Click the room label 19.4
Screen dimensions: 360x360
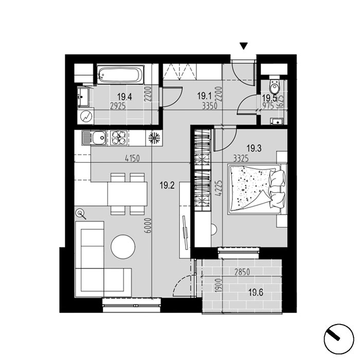coord(124,97)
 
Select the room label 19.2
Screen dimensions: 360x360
coord(167,185)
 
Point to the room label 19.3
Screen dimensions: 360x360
coord(254,148)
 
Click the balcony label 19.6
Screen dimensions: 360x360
coord(256,293)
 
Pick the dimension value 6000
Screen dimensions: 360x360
coord(149,225)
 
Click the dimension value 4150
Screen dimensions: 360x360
coord(132,158)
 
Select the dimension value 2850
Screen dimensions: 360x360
coord(242,272)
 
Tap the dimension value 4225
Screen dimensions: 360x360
coord(220,188)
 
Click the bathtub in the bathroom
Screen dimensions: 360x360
coord(120,75)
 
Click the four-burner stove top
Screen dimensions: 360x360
coord(119,138)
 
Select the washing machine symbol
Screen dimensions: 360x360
coord(85,116)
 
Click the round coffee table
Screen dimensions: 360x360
coord(123,247)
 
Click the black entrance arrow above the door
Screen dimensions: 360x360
coord(244,46)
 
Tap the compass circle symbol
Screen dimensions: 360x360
coord(339,339)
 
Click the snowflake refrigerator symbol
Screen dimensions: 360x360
coord(154,138)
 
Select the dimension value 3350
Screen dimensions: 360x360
coord(210,106)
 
